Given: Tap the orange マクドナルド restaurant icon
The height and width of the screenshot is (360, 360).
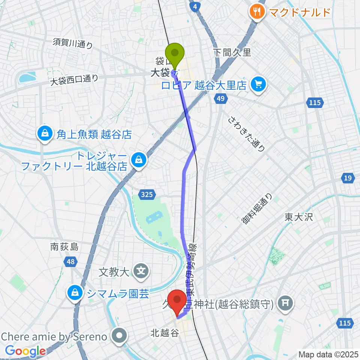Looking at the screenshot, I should click(257, 12).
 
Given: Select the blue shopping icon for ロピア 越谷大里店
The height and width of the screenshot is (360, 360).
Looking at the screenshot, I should click(258, 84).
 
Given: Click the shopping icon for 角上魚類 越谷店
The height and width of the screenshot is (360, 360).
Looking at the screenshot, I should click(45, 133).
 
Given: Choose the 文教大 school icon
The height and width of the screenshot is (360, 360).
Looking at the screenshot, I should click(141, 269).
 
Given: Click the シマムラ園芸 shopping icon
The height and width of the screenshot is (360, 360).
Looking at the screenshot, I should click(75, 292).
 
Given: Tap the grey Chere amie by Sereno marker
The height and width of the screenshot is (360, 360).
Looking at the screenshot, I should click(120, 335).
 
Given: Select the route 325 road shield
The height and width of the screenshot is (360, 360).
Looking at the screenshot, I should click(147, 194).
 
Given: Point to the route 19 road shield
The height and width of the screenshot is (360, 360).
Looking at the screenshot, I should click(348, 178).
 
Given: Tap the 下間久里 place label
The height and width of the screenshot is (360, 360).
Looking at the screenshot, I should click(232, 52).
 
